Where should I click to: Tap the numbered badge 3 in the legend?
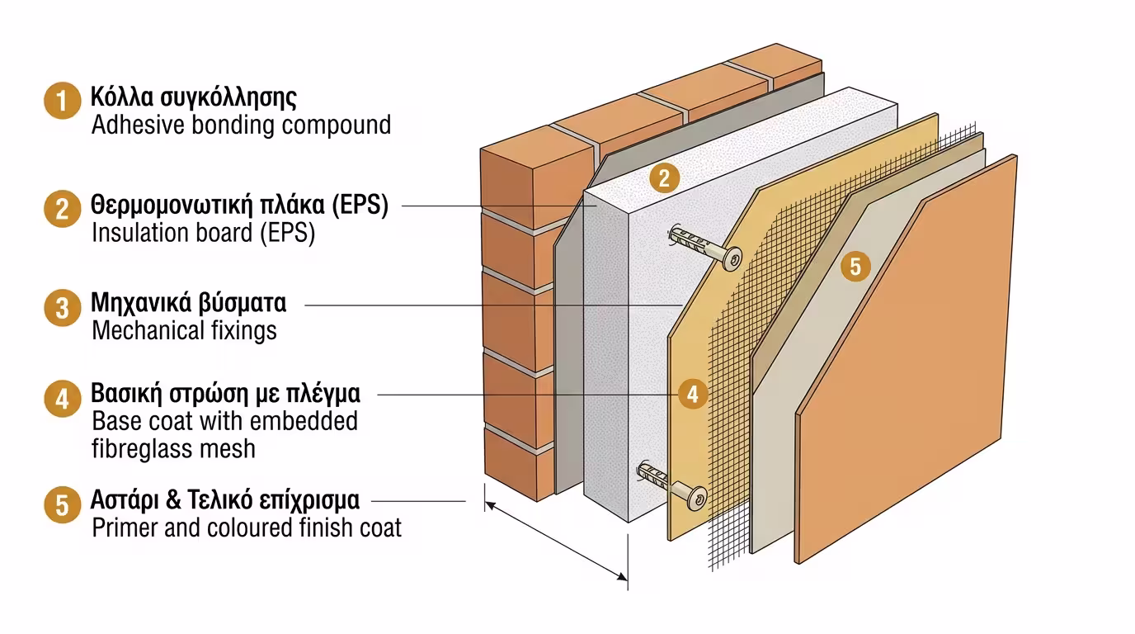coord(62,309)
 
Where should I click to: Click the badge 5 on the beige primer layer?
coord(855,267)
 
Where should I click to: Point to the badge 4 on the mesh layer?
coord(693,395)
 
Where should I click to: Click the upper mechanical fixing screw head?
coord(731,258)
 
